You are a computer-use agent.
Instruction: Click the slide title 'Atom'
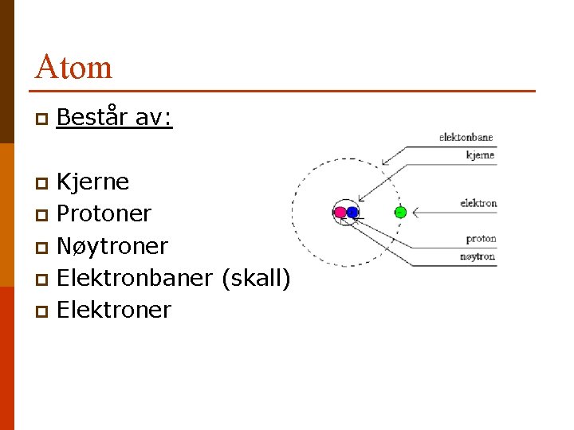73,67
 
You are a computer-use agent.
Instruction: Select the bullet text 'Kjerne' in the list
92,182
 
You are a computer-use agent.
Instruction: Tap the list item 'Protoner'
104,214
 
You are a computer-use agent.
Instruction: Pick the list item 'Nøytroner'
112,246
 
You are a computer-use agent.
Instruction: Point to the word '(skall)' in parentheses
256,278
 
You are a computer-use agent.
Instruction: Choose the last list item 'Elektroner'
114,310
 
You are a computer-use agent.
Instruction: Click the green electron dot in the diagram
401,212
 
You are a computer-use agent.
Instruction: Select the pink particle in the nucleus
340,213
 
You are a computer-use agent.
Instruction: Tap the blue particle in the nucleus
352,213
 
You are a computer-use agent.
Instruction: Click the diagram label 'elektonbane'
466,138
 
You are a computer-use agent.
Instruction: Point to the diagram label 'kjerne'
481,155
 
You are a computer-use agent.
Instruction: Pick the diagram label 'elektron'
478,203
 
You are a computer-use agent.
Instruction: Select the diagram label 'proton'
481,239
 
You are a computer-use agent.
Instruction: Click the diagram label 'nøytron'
478,256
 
